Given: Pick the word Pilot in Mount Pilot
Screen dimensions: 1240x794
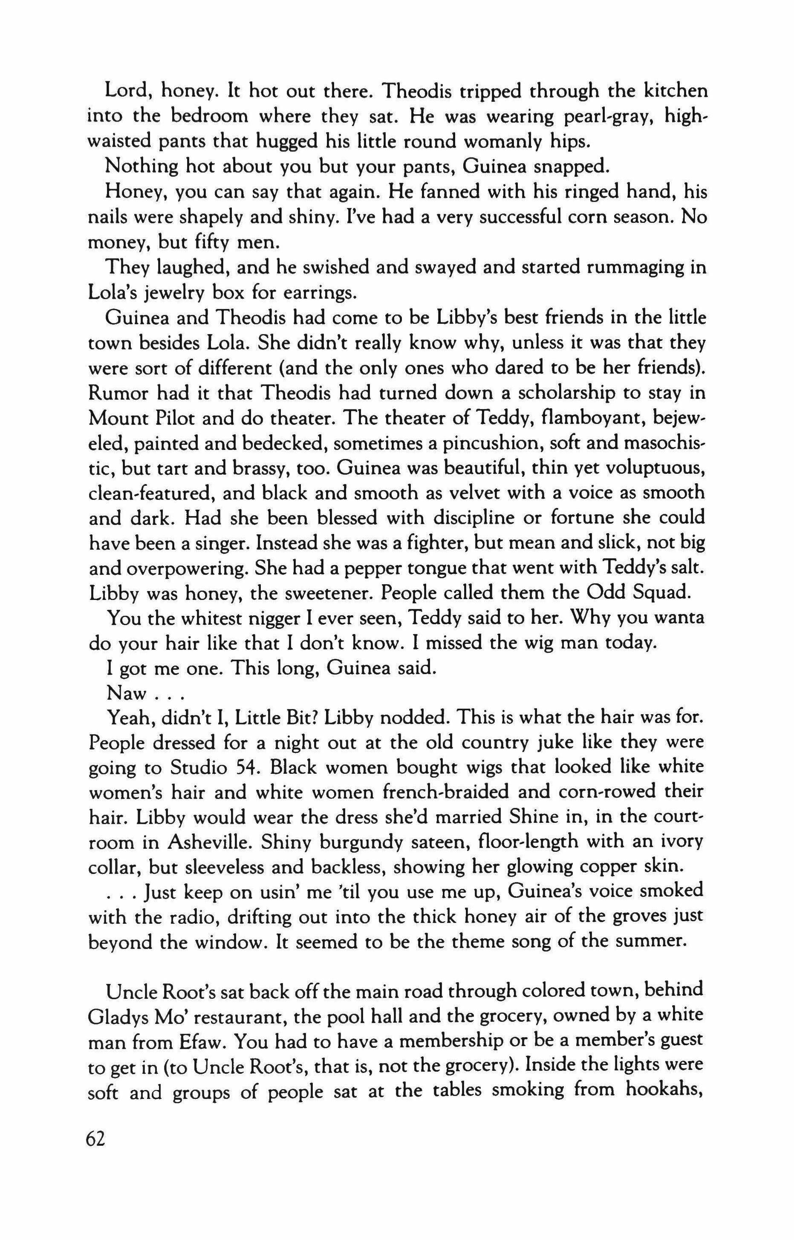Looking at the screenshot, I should (172, 418).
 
